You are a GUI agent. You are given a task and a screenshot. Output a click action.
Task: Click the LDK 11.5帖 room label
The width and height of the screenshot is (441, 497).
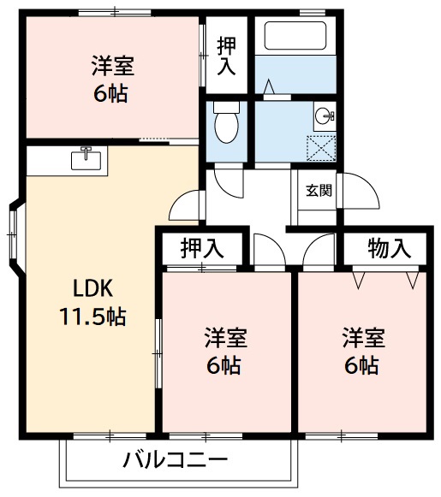92,302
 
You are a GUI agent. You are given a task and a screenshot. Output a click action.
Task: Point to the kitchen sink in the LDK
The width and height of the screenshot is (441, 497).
86,159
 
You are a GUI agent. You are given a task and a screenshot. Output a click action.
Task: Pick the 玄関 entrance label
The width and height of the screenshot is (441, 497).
319,190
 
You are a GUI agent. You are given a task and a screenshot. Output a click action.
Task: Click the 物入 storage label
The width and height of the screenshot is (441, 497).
390,248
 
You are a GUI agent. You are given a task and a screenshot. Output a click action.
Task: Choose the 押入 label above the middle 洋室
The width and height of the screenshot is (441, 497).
202,248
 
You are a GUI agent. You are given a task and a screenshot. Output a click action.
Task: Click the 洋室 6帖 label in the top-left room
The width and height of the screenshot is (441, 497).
112,78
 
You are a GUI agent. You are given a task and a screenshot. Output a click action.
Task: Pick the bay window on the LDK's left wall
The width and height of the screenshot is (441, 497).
13,231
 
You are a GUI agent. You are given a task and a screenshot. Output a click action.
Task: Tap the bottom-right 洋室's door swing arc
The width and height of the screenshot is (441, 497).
318,249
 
